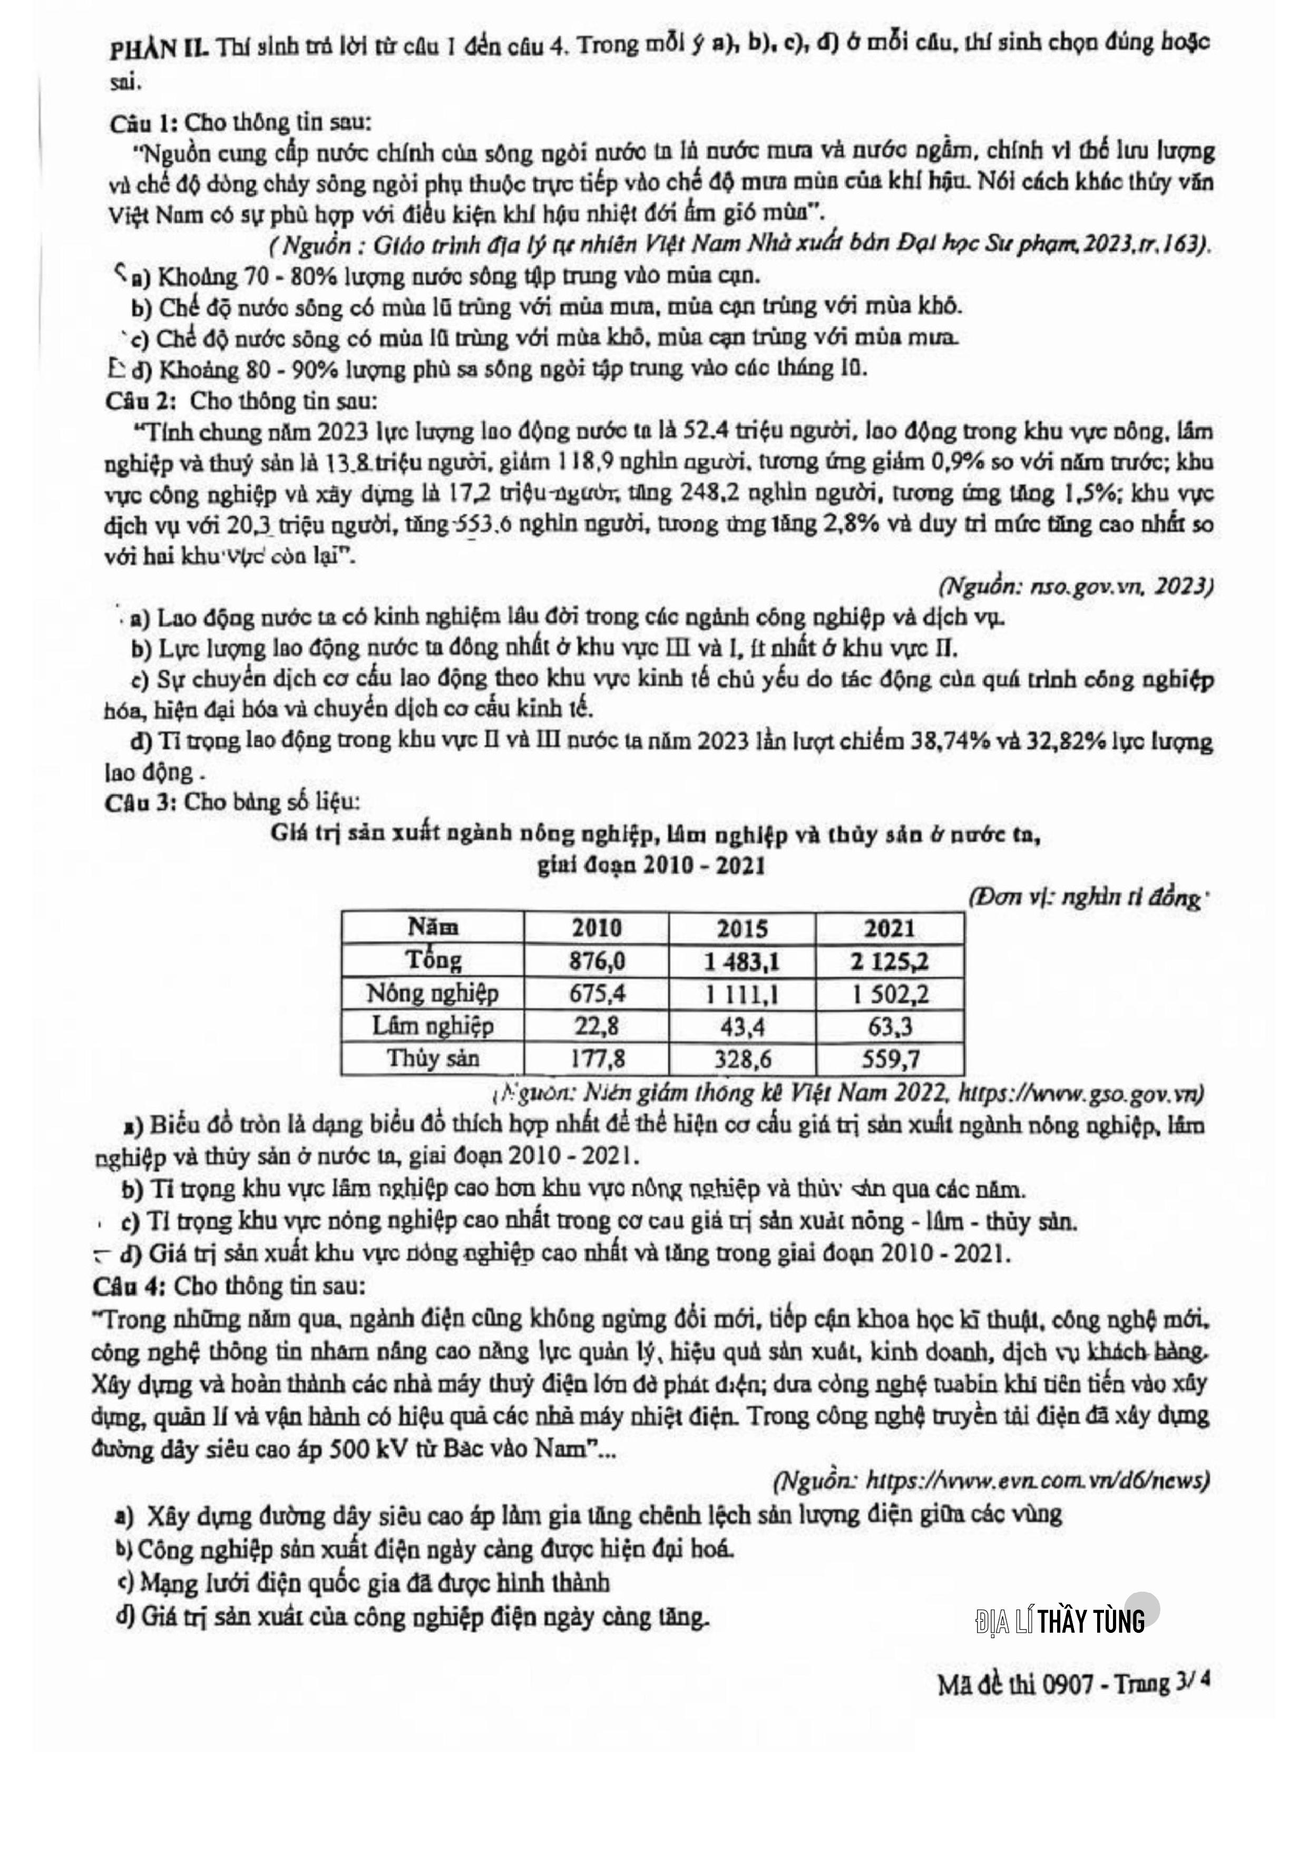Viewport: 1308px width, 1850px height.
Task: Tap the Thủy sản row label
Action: pos(433,1058)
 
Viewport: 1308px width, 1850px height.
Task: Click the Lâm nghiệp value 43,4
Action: pos(742,1026)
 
